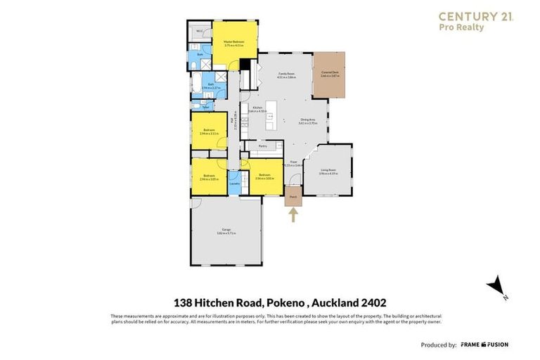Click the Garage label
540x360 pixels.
point(226,230)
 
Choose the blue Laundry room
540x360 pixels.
point(236,184)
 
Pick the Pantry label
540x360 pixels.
point(262,146)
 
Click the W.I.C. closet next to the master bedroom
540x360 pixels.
point(200,31)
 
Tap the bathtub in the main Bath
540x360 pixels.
point(196,84)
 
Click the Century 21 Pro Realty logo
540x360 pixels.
point(475,21)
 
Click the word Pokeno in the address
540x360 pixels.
point(288,302)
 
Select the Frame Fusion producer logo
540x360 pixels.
point(484,345)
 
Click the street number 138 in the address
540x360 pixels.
point(185,302)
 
